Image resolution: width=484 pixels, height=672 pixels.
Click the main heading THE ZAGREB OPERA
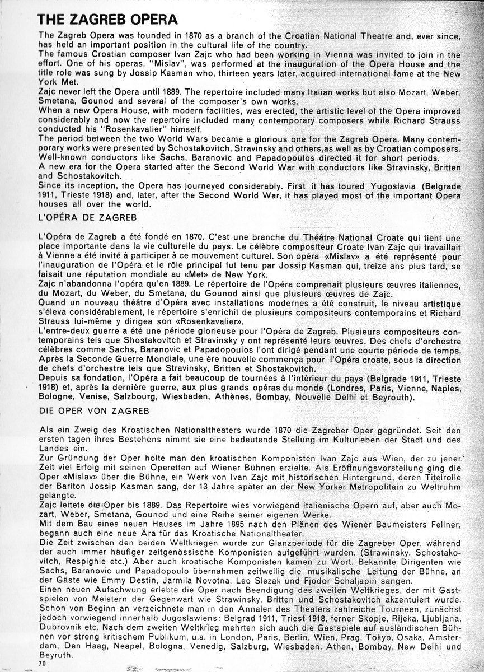(x=107, y=21)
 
